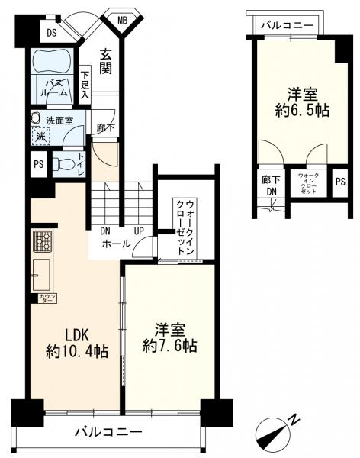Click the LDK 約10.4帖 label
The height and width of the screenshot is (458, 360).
(x=76, y=343)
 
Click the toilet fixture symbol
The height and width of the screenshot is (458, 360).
(x=65, y=163)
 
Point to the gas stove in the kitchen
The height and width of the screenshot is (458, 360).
(x=41, y=242)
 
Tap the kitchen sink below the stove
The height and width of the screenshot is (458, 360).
(x=40, y=272)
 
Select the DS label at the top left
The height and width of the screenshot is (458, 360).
(x=52, y=33)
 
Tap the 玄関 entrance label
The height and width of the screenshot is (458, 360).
(x=105, y=62)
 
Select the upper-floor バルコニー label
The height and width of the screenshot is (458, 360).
(x=287, y=25)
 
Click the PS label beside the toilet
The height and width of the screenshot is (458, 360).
(x=38, y=164)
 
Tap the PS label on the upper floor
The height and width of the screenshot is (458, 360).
(x=339, y=182)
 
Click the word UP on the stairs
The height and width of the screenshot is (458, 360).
(x=140, y=230)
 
